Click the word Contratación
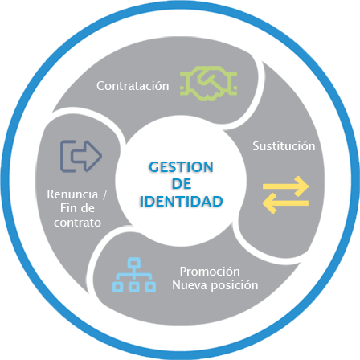133,86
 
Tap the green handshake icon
209,84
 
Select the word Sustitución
284,146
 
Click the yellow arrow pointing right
285,186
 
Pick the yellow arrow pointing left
285,203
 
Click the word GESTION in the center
182,167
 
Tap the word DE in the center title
182,184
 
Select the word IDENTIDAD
182,202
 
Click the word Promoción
210,272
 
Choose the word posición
235,285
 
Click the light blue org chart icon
134,275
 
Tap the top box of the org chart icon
134,262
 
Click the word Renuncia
72,194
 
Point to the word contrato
77,223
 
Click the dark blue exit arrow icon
81,156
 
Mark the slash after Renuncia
104,194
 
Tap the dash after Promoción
247,272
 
